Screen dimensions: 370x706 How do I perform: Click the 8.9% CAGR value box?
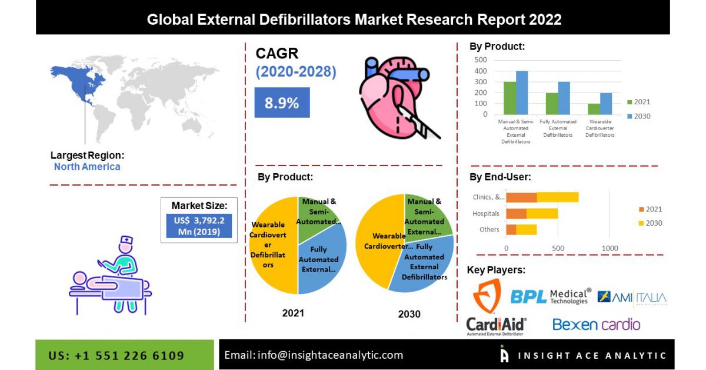coord(282,103)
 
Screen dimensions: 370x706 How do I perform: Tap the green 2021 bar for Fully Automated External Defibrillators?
coord(552,104)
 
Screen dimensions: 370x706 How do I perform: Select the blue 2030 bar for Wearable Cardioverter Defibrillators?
coord(606,104)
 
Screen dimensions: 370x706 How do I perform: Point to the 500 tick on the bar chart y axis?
coord(480,60)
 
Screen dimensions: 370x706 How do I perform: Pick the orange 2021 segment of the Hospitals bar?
coord(517,213)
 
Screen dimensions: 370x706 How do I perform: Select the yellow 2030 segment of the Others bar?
coord(527,229)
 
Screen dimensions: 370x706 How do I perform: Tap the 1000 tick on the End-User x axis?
coord(610,248)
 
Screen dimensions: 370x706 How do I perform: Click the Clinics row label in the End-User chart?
coord(488,197)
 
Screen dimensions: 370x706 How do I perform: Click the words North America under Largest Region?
coord(87,167)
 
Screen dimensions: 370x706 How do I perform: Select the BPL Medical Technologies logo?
coord(550,296)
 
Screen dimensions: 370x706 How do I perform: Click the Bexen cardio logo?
coord(596,324)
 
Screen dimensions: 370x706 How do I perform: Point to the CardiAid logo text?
coord(496,324)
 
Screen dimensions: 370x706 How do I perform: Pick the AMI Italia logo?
coord(632,298)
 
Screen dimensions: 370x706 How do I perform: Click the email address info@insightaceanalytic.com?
coord(314,355)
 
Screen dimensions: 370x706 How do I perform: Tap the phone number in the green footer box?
coord(116,355)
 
